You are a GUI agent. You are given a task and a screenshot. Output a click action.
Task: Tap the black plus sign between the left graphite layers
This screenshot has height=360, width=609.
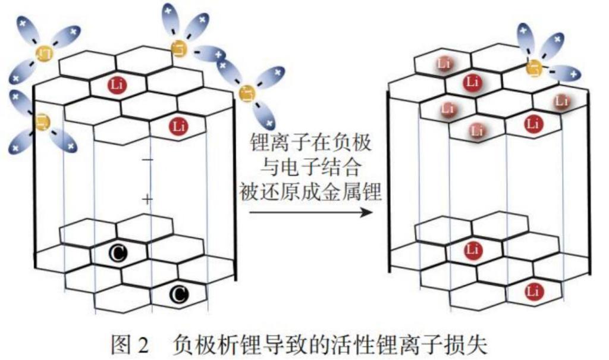click(x=147, y=199)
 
